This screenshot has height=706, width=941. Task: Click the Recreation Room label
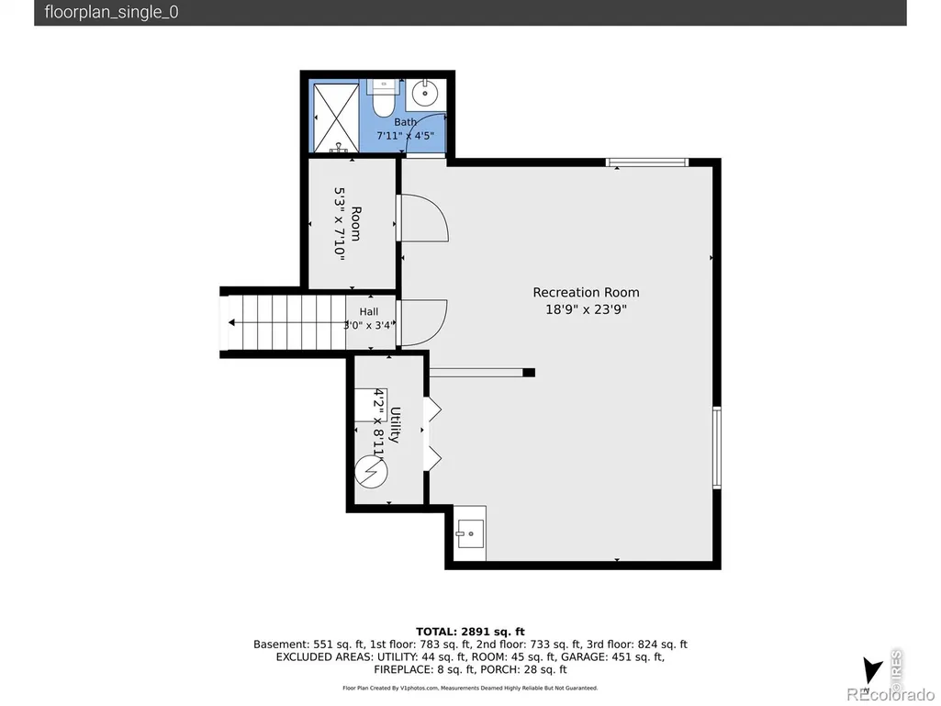point(586,292)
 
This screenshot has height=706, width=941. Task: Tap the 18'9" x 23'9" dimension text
point(586,309)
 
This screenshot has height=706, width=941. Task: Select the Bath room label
point(405,122)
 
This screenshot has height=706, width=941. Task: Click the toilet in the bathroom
point(382,100)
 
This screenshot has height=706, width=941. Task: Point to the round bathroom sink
point(425,93)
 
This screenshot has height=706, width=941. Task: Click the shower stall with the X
point(336,118)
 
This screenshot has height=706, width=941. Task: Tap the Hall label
point(368,311)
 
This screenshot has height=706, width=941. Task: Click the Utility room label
point(394,424)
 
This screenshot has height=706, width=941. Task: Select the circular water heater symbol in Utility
point(371,472)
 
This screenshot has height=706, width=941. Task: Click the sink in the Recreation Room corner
point(470,533)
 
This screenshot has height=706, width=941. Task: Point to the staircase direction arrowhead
point(231,323)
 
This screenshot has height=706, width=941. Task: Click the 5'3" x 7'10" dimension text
point(340,224)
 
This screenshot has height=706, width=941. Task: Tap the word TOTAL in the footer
point(436,632)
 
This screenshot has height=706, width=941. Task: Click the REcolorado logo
point(890,695)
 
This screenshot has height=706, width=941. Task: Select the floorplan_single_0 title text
point(111,13)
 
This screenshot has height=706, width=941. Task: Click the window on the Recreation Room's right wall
point(717,448)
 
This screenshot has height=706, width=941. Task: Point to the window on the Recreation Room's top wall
point(647,162)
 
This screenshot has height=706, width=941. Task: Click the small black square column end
point(529,373)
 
